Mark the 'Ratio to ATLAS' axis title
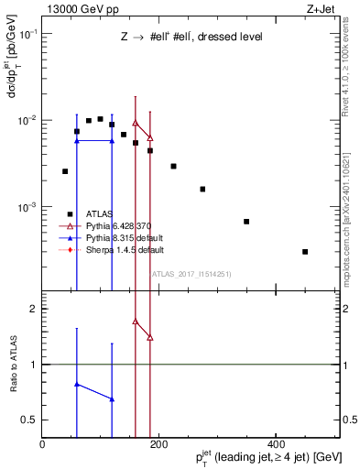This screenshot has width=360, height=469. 12,364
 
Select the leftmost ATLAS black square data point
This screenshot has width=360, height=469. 65,171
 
